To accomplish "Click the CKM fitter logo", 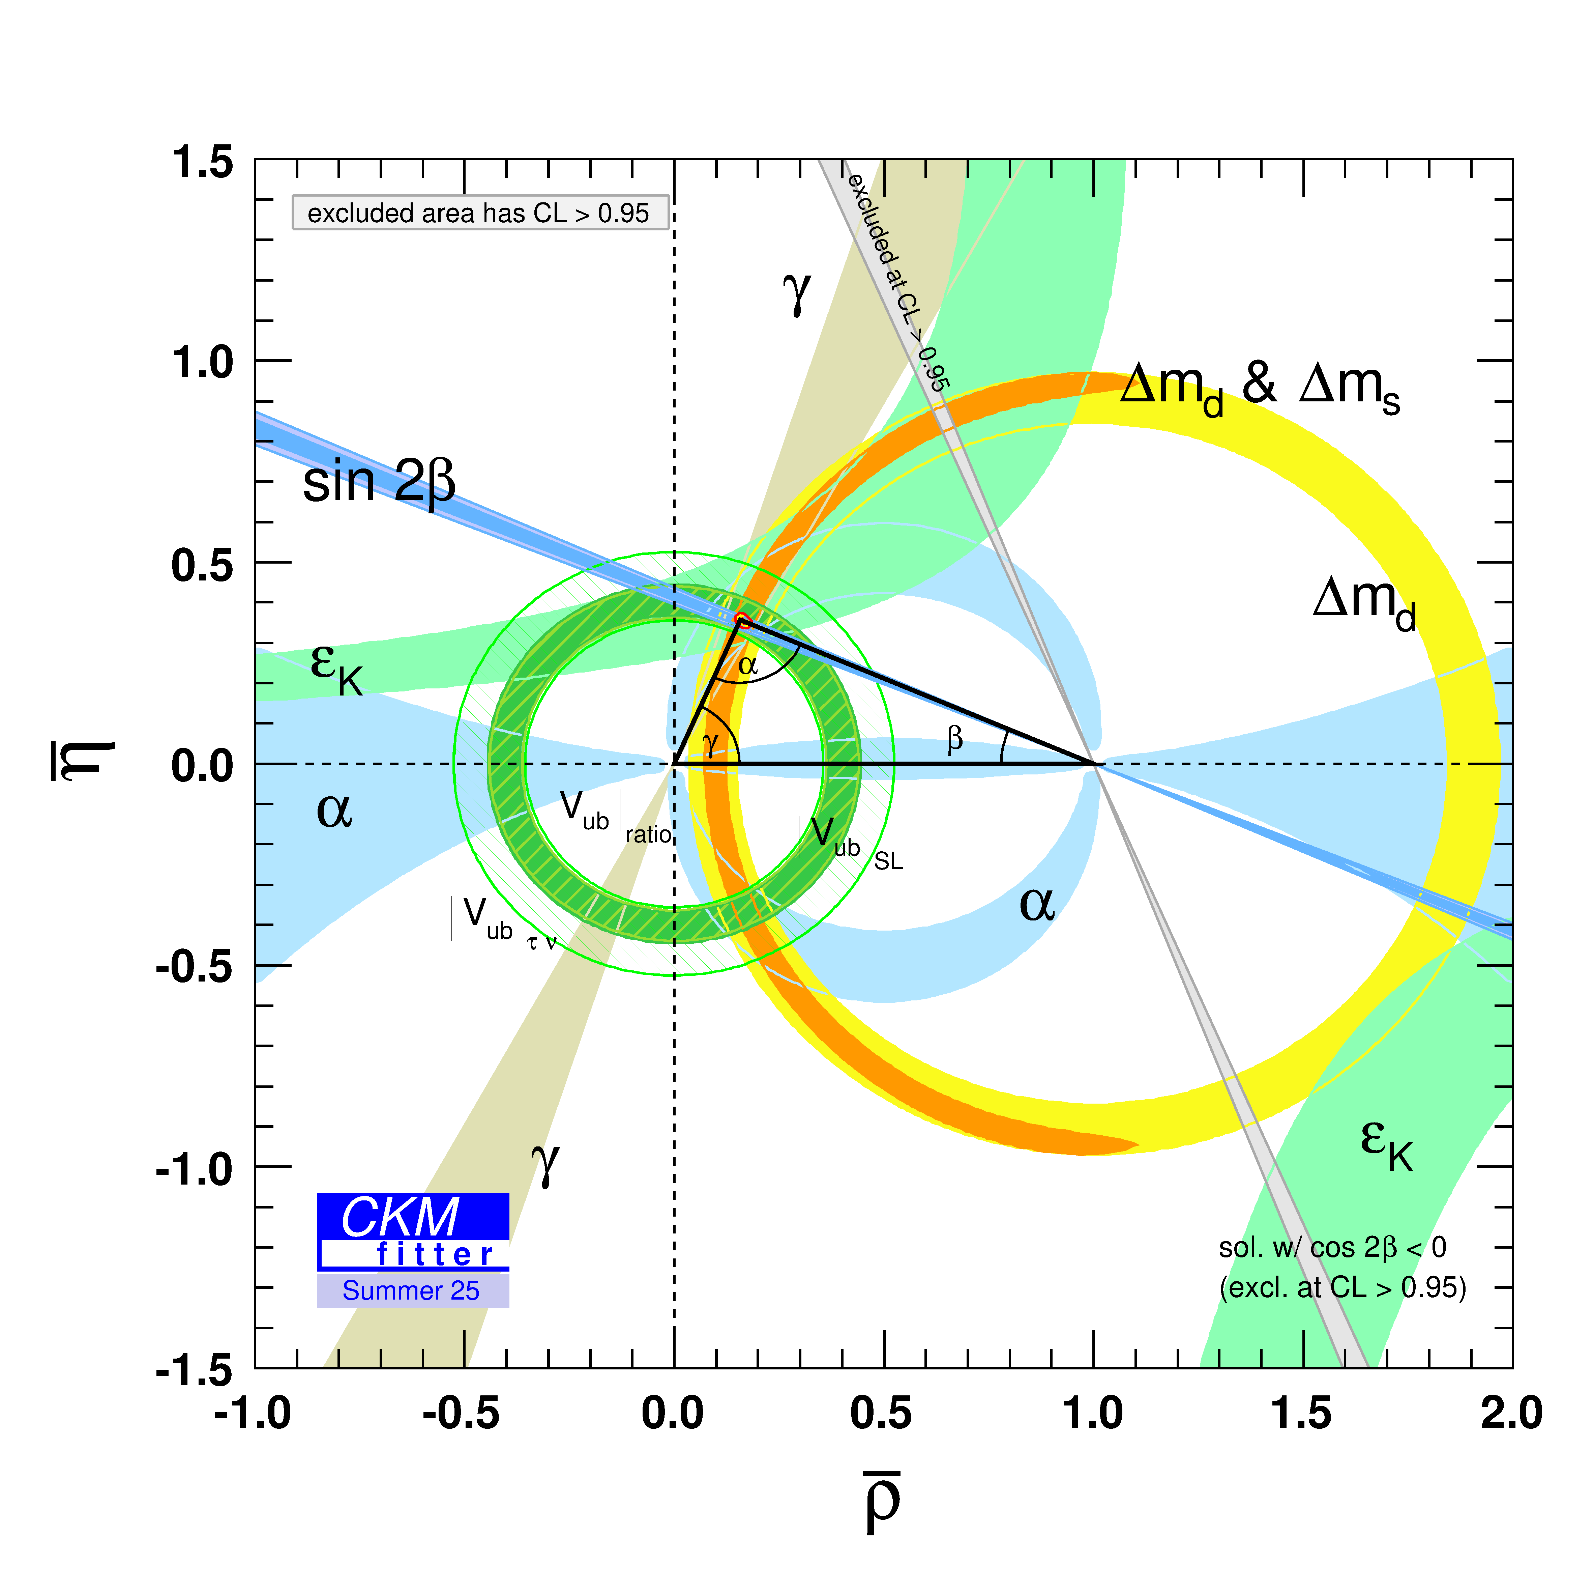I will pyautogui.click(x=413, y=1231).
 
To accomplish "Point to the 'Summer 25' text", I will pyautogui.click(x=411, y=1291).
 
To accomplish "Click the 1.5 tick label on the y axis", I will pyautogui.click(x=202, y=162).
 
